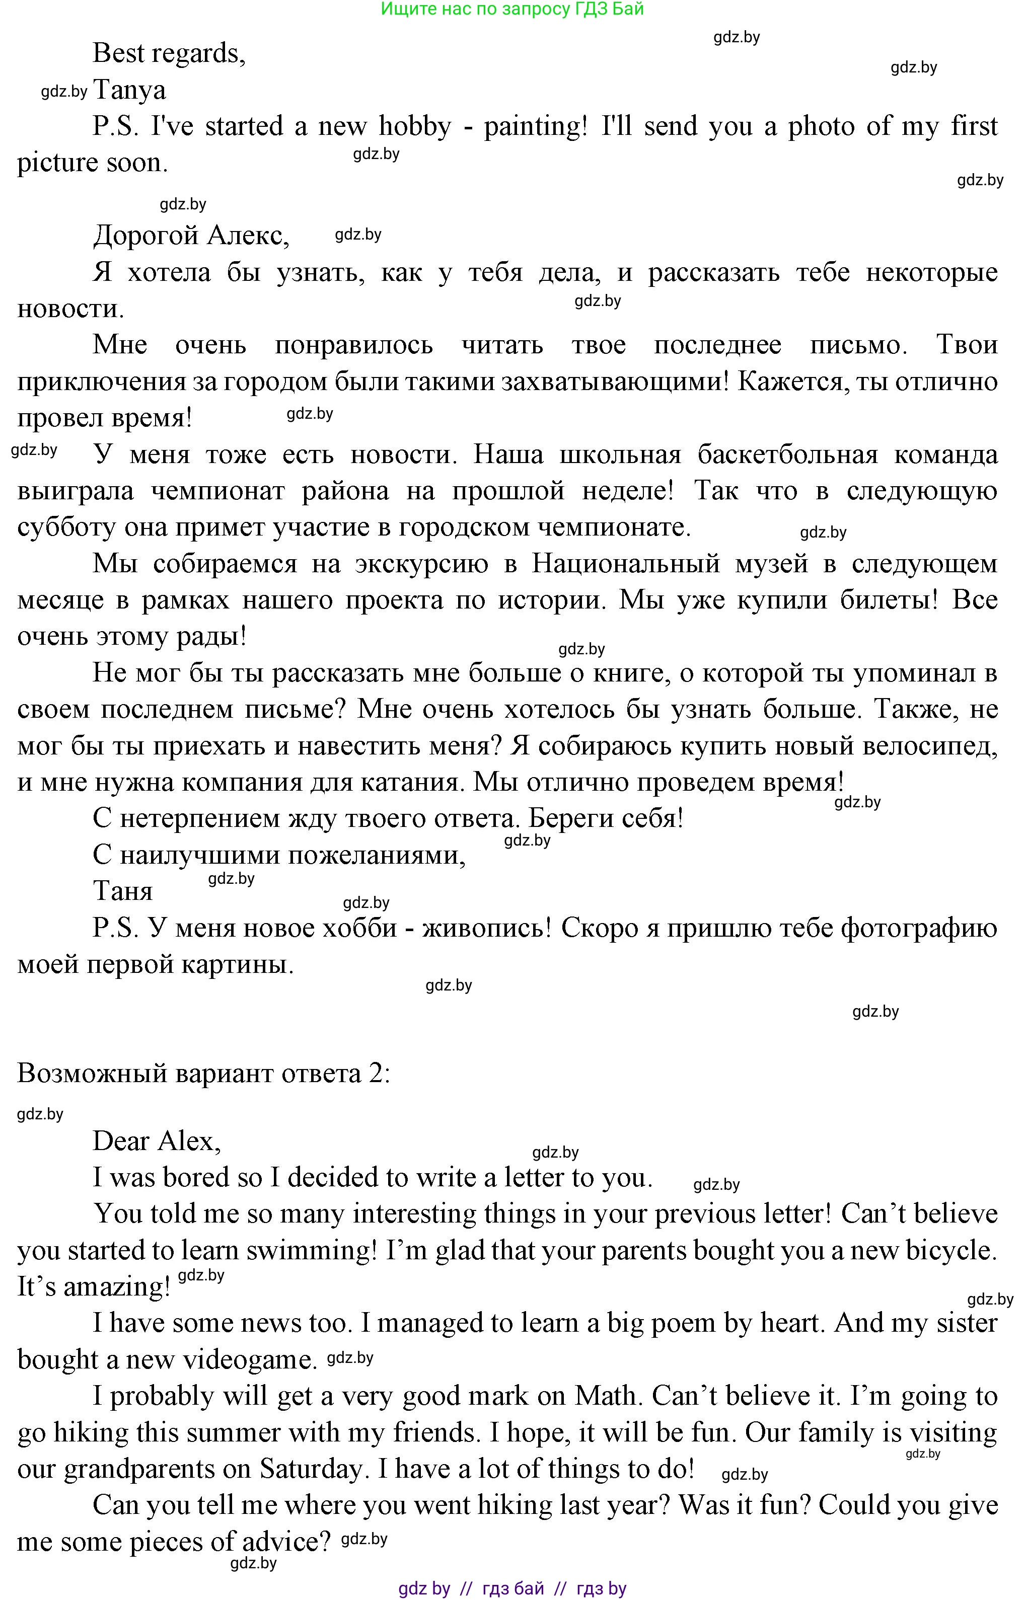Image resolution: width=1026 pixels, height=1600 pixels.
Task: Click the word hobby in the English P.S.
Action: [414, 126]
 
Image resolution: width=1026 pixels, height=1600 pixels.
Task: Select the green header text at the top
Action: [512, 10]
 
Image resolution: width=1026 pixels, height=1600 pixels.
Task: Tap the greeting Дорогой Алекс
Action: [191, 235]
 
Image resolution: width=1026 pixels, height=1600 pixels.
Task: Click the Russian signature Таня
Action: [123, 891]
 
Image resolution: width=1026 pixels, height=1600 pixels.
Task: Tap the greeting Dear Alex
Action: [157, 1141]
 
